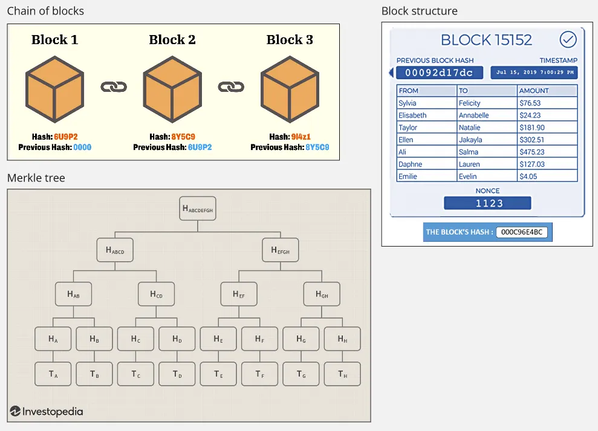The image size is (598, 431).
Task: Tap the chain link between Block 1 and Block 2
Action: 114,87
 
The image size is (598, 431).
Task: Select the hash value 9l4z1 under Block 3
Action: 301,137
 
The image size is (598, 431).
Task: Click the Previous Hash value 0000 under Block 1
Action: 82,147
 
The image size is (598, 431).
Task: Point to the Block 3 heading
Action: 290,40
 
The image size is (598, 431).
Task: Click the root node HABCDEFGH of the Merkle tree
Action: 198,209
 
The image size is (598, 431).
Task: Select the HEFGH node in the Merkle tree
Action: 280,250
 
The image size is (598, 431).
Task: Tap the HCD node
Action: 156,294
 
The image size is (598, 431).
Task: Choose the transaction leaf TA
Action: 53,374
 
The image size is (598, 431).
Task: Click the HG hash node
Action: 301,339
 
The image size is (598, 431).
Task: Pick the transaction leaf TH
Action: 342,374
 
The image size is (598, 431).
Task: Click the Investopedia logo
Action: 47,412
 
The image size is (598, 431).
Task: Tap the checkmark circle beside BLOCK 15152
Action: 568,40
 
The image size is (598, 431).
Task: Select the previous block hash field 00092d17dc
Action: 439,73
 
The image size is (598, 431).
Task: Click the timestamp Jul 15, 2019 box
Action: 533,73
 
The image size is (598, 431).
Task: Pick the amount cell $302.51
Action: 532,140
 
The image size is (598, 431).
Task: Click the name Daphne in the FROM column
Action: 411,164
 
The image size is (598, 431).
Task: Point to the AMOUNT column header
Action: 534,91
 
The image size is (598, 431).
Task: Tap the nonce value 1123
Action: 487,203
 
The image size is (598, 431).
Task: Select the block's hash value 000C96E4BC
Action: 521,232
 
